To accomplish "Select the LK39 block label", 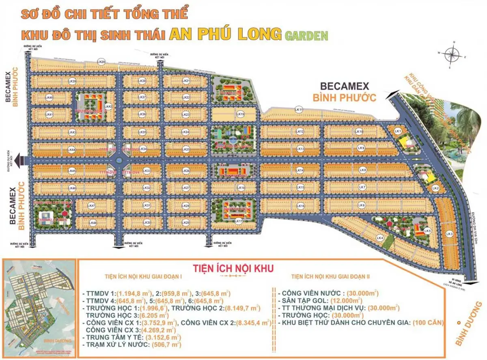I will pyautogui.click(x=73, y=81).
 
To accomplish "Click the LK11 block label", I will pyautogui.click(x=299, y=109).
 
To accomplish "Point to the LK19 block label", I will pyautogui.click(x=241, y=114).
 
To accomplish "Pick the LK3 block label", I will pyautogui.click(x=449, y=234).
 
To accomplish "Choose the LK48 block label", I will pyautogui.click(x=93, y=223).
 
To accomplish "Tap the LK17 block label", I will pyautogui.click(x=239, y=221).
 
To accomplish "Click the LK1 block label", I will pyautogui.click(x=398, y=131).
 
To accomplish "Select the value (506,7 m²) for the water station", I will pyautogui.click(x=166, y=345).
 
